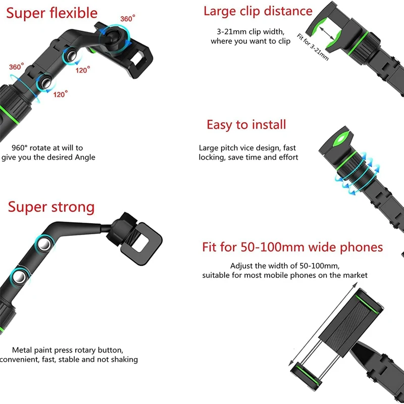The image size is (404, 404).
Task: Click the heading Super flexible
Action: (x=52, y=13)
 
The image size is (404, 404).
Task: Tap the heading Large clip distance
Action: (x=258, y=11)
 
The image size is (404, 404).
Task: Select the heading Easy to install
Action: (x=246, y=124)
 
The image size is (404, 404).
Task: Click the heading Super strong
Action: (x=52, y=207)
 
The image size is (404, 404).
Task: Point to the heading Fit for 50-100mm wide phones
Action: (x=292, y=247)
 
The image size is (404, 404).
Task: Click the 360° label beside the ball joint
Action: (x=128, y=19)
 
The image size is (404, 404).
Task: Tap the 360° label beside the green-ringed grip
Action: (x=17, y=67)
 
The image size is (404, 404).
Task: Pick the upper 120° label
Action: (x=83, y=70)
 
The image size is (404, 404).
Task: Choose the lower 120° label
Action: (x=61, y=94)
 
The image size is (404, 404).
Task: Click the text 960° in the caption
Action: (x=19, y=148)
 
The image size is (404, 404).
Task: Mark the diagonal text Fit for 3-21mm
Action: (x=313, y=47)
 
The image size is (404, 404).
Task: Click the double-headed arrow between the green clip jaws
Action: (x=327, y=33)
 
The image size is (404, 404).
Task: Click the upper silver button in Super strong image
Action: (x=44, y=244)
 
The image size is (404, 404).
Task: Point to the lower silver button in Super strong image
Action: (x=20, y=277)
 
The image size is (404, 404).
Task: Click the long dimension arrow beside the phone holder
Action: (x=323, y=324)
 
